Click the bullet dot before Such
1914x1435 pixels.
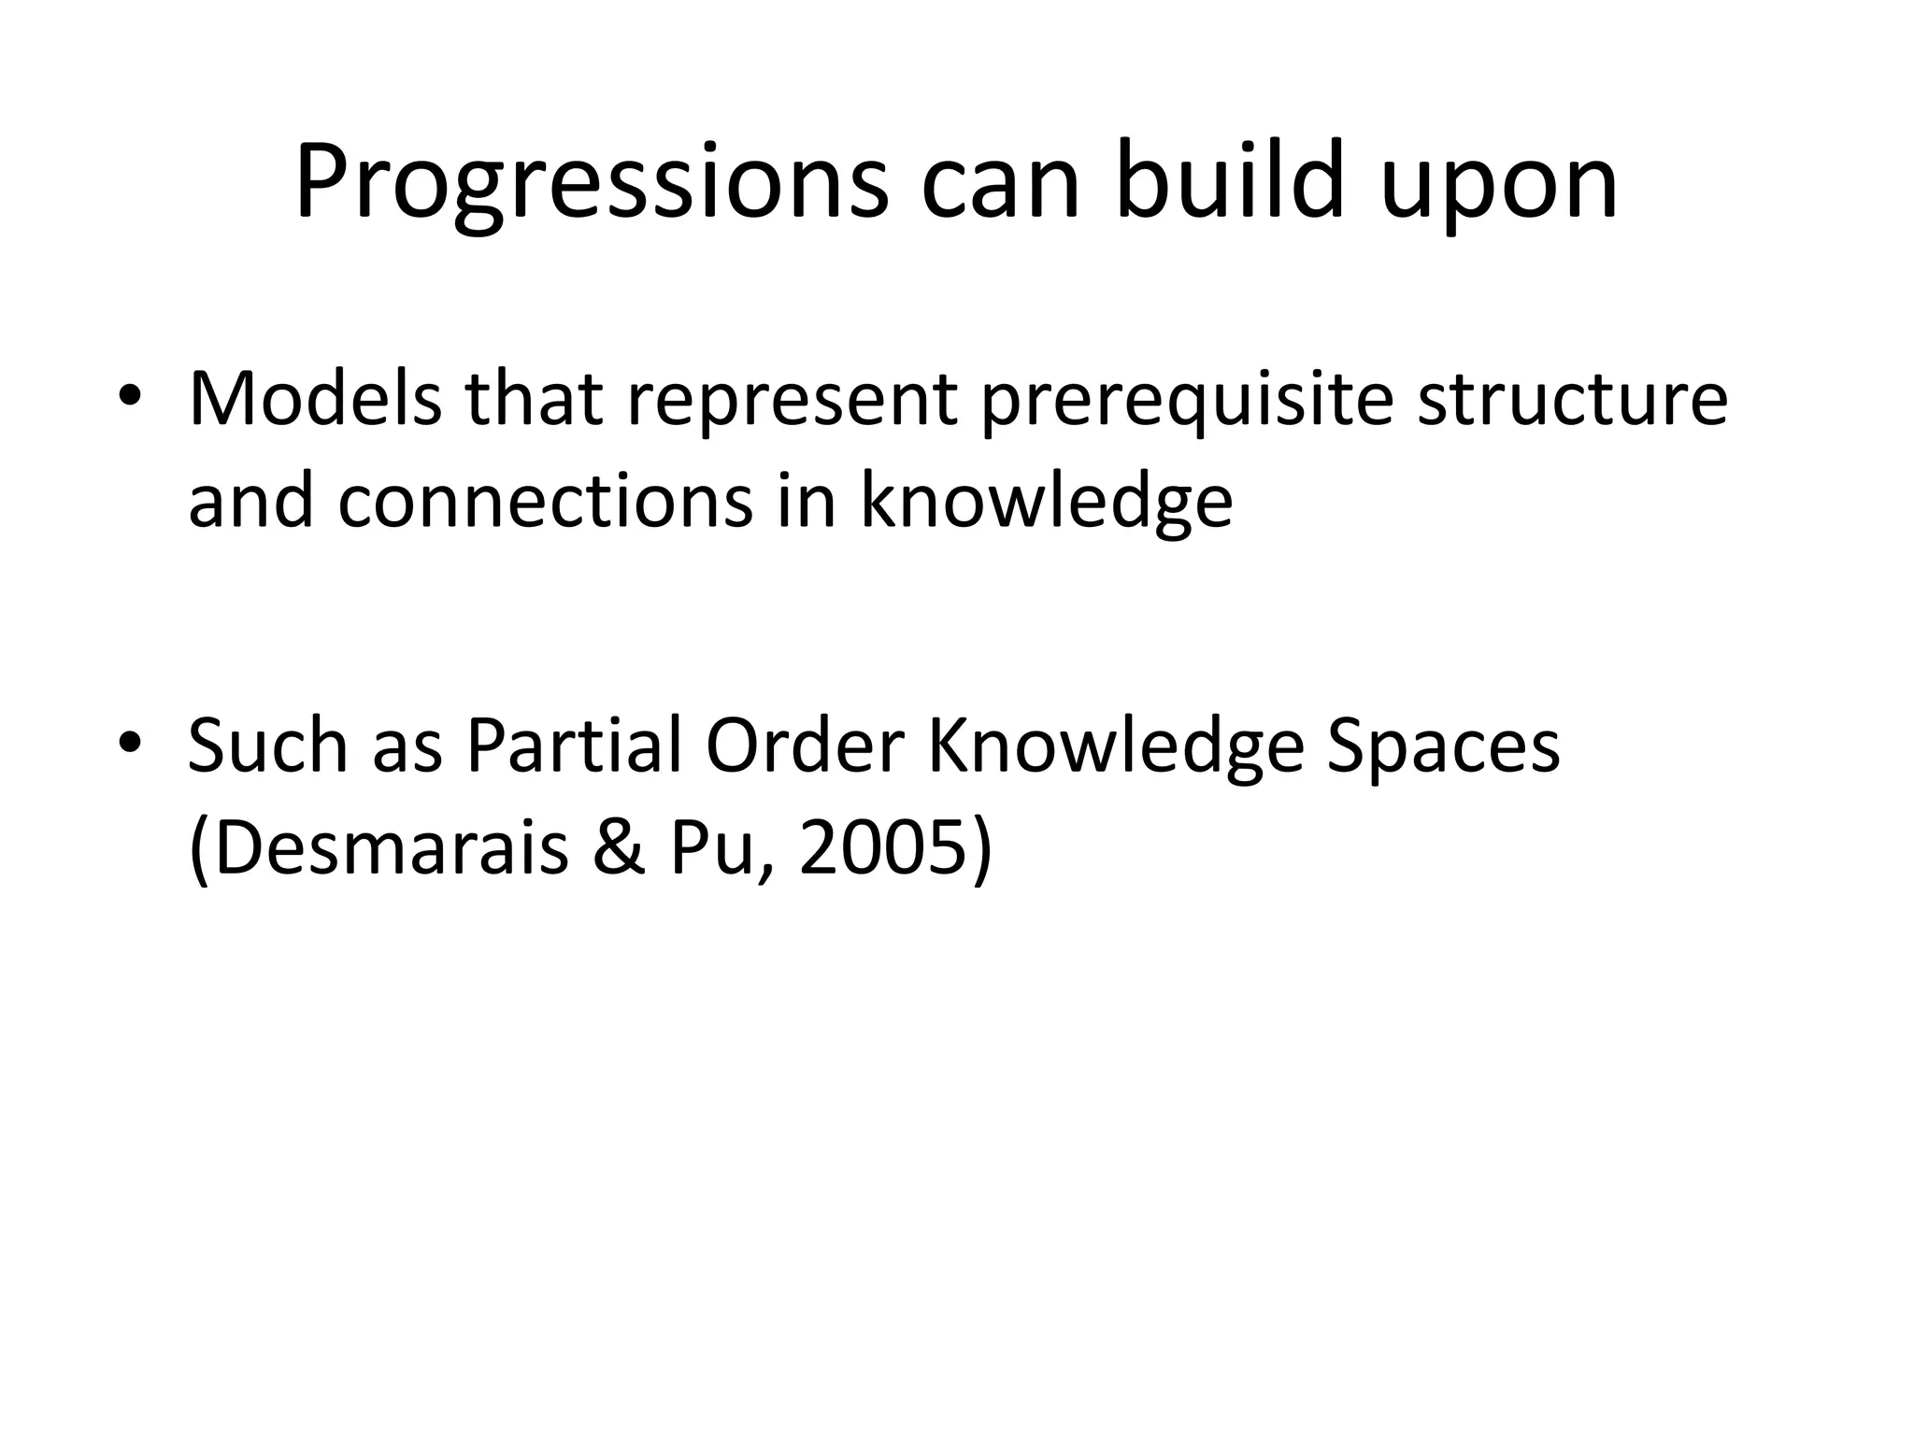130,745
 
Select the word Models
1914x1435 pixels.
315,400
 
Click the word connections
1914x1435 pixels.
545,502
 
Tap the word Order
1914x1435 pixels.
805,746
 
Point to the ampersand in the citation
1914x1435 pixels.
619,848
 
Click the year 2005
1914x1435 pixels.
894,848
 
